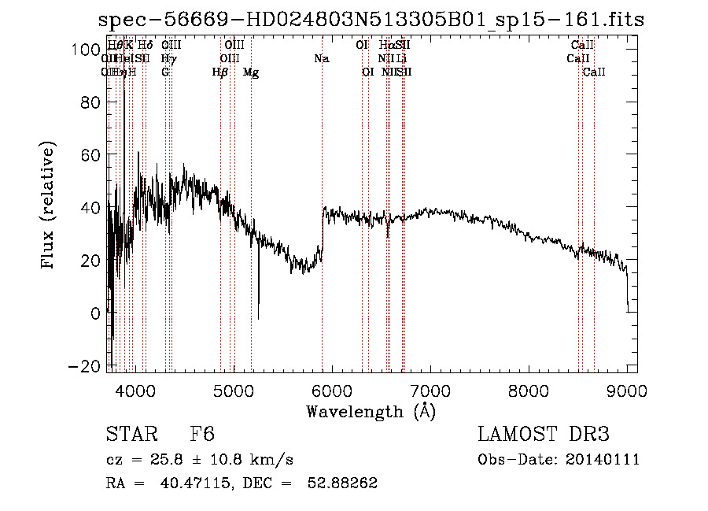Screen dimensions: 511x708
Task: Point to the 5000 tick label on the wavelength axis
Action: tap(234, 391)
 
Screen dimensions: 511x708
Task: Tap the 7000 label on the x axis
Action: tap(430, 391)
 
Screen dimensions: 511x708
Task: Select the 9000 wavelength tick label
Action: tap(627, 391)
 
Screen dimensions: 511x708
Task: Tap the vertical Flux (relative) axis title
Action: tap(49, 206)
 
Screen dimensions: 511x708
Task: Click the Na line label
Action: tap(321, 59)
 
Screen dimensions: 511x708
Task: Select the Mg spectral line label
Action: tap(251, 72)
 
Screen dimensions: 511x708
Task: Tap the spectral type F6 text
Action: tap(202, 435)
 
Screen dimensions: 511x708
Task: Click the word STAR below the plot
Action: tap(131, 435)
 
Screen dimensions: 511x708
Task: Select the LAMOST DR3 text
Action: tap(544, 435)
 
